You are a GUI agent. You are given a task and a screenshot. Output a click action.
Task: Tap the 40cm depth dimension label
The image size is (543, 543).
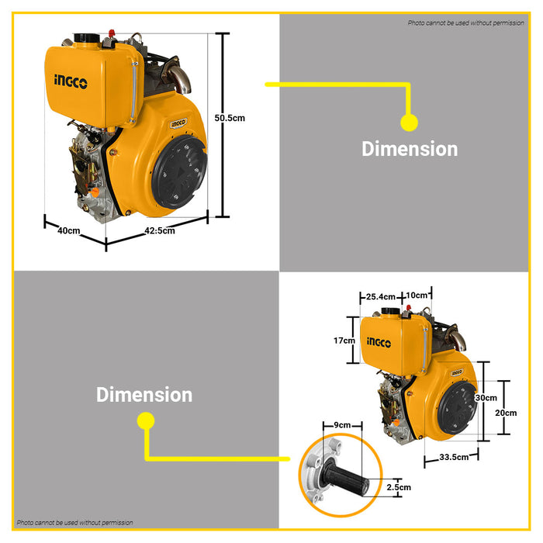[69, 230]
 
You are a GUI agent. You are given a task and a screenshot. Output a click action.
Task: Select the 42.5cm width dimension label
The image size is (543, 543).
[160, 230]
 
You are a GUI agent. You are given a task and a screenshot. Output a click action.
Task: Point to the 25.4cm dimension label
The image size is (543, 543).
[381, 296]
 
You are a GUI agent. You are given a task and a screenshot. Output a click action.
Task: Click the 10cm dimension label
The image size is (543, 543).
[417, 296]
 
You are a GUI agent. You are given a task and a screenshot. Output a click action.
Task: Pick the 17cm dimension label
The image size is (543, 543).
[344, 341]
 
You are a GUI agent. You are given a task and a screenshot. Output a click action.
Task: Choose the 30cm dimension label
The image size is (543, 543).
[486, 397]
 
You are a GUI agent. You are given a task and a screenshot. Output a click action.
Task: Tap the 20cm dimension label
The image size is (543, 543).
[505, 413]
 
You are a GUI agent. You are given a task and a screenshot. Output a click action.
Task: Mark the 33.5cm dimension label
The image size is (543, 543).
[454, 458]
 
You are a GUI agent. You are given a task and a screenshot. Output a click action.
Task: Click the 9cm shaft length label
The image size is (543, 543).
[341, 425]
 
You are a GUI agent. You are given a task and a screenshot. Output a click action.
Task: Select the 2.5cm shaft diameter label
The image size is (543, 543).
[399, 487]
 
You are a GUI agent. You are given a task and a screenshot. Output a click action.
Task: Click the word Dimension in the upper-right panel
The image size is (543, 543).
[410, 149]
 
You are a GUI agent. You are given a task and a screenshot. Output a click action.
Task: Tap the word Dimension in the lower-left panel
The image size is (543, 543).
[144, 395]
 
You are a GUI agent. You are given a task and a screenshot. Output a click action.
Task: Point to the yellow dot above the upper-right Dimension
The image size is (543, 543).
[409, 122]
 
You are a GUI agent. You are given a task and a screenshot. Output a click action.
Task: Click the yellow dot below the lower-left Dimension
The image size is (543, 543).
[145, 421]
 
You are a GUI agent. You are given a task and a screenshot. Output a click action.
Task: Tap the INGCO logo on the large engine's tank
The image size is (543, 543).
[71, 80]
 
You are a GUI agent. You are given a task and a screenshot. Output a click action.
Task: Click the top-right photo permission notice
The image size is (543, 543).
[465, 23]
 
